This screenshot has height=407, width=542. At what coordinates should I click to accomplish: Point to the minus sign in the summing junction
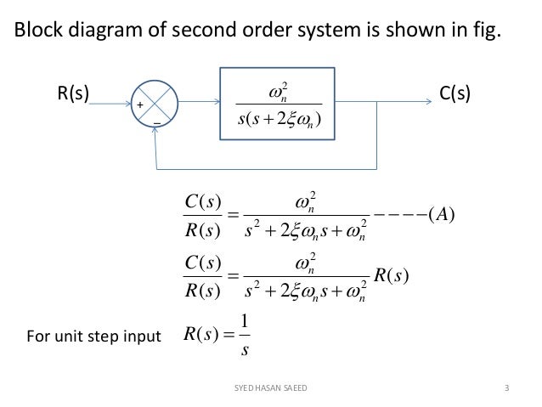pos(157,124)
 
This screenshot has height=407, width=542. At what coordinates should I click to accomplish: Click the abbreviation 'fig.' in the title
pos(485,32)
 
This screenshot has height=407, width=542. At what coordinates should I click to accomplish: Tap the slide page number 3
pos(506,389)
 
